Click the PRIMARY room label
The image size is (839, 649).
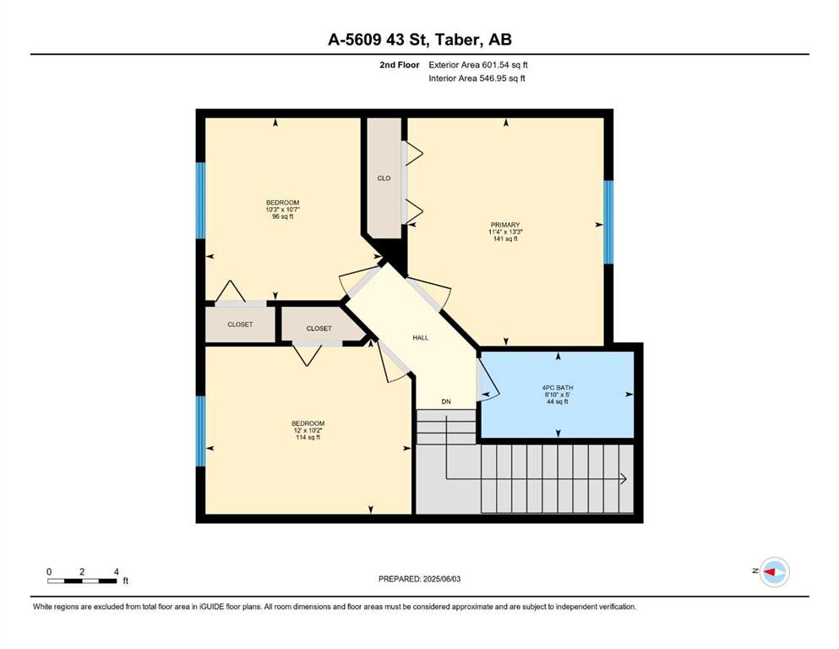click(x=505, y=225)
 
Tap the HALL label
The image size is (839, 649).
click(x=421, y=338)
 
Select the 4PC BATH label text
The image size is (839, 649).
click(x=558, y=387)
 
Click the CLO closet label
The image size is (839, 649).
click(x=384, y=178)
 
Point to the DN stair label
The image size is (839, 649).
click(x=446, y=401)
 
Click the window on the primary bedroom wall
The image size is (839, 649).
click(x=608, y=222)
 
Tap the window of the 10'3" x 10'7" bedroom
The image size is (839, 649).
click(x=200, y=200)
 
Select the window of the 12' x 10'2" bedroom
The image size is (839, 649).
click(x=200, y=431)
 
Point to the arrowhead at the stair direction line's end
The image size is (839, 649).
click(x=624, y=479)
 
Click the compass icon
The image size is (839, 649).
click(x=774, y=572)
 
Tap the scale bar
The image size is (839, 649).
click(x=82, y=581)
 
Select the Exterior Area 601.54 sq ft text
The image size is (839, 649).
click(x=478, y=65)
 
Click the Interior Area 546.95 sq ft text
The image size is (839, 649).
click(x=477, y=78)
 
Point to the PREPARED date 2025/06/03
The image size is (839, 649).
click(x=442, y=579)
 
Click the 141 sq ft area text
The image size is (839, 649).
click(x=505, y=238)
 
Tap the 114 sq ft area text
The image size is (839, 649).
click(x=308, y=437)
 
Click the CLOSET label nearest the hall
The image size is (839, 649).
click(x=319, y=329)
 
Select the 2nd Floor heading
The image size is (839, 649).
click(x=400, y=65)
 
